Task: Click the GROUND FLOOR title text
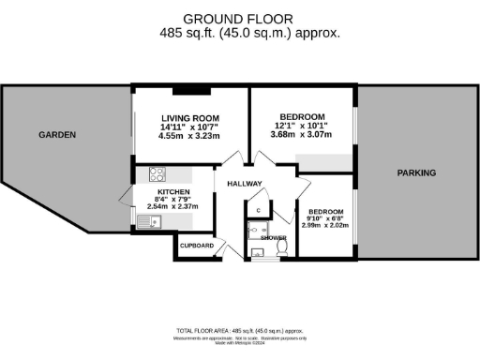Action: click(x=238, y=18)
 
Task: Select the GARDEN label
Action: click(x=57, y=135)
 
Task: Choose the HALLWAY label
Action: click(x=244, y=183)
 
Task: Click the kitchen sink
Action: click(x=149, y=222)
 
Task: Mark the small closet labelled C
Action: click(x=259, y=210)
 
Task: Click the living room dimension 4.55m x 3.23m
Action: click(x=188, y=137)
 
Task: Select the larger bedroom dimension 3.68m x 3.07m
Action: click(x=304, y=135)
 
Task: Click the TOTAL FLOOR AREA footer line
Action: click(x=239, y=332)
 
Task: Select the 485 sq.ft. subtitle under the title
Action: click(x=238, y=33)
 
